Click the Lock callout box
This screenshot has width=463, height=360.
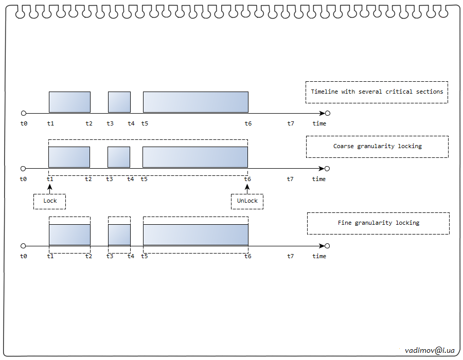pyautogui.click(x=50, y=201)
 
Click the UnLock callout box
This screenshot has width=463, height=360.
pyautogui.click(x=247, y=201)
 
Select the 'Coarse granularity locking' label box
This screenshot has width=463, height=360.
pyautogui.click(x=377, y=147)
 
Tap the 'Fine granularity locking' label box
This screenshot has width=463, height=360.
pyautogui.click(x=378, y=223)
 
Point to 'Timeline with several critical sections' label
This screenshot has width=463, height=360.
pyautogui.click(x=377, y=92)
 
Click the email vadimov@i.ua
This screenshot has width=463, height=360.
pyautogui.click(x=430, y=350)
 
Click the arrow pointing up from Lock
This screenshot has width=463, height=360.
pyautogui.click(x=50, y=189)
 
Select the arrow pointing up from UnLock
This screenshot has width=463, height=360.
pyautogui.click(x=247, y=189)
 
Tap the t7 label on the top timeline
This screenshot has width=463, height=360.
pyautogui.click(x=291, y=123)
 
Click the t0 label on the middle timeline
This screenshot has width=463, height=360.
pyautogui.click(x=23, y=179)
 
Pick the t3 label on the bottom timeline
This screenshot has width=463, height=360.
pyautogui.click(x=110, y=256)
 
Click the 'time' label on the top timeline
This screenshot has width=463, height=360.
pyautogui.click(x=319, y=123)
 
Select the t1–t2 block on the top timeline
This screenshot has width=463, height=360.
pyautogui.click(x=69, y=102)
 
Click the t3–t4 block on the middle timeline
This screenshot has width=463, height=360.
pyautogui.click(x=119, y=157)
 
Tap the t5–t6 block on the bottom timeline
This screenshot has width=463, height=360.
pyautogui.click(x=195, y=235)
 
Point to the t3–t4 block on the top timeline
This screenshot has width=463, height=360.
pyautogui.click(x=119, y=102)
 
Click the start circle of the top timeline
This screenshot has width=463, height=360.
pyautogui.click(x=23, y=113)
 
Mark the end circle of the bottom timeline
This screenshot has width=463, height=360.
pyautogui.click(x=327, y=246)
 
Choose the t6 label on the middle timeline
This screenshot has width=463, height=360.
pyautogui.click(x=247, y=179)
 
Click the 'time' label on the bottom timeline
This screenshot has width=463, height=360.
pyautogui.click(x=319, y=256)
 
